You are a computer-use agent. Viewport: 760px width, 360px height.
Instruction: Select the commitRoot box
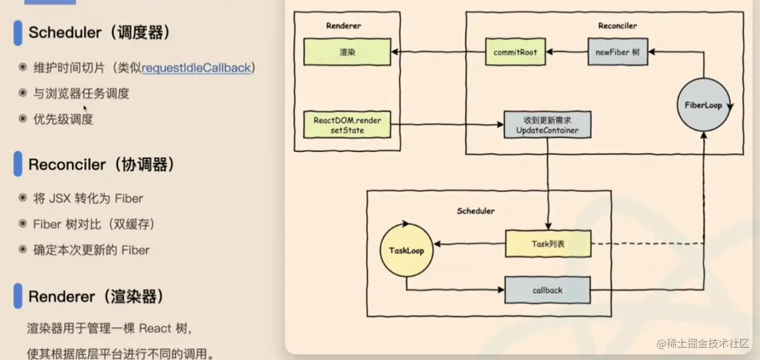coord(515,52)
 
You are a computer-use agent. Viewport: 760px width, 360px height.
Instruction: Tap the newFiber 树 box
coord(617,52)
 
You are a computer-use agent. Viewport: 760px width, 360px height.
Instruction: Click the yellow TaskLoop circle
coord(406,251)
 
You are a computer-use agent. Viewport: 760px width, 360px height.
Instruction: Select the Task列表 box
coord(548,244)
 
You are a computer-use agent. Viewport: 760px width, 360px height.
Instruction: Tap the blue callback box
coord(547,290)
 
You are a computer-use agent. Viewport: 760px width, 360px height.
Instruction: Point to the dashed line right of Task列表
coord(647,244)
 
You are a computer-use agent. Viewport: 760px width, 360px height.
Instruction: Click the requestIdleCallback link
coord(196,68)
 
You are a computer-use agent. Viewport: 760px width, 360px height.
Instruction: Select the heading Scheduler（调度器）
coord(99,32)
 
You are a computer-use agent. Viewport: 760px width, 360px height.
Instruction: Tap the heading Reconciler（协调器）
coord(101,165)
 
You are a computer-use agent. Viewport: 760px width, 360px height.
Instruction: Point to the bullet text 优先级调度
coord(64,119)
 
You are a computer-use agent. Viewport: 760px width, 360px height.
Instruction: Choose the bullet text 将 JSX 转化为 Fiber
coord(88,198)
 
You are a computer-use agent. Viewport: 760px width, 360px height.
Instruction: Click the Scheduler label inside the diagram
coord(475,211)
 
